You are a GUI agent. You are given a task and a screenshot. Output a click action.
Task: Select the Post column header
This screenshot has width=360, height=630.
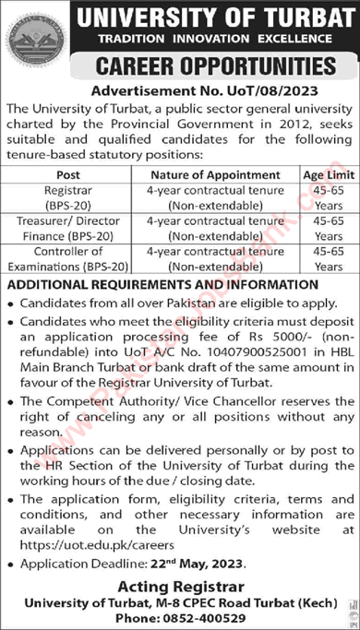[67, 173]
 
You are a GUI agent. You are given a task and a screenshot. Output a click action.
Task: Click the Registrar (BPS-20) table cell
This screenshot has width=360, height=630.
[67, 196]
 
